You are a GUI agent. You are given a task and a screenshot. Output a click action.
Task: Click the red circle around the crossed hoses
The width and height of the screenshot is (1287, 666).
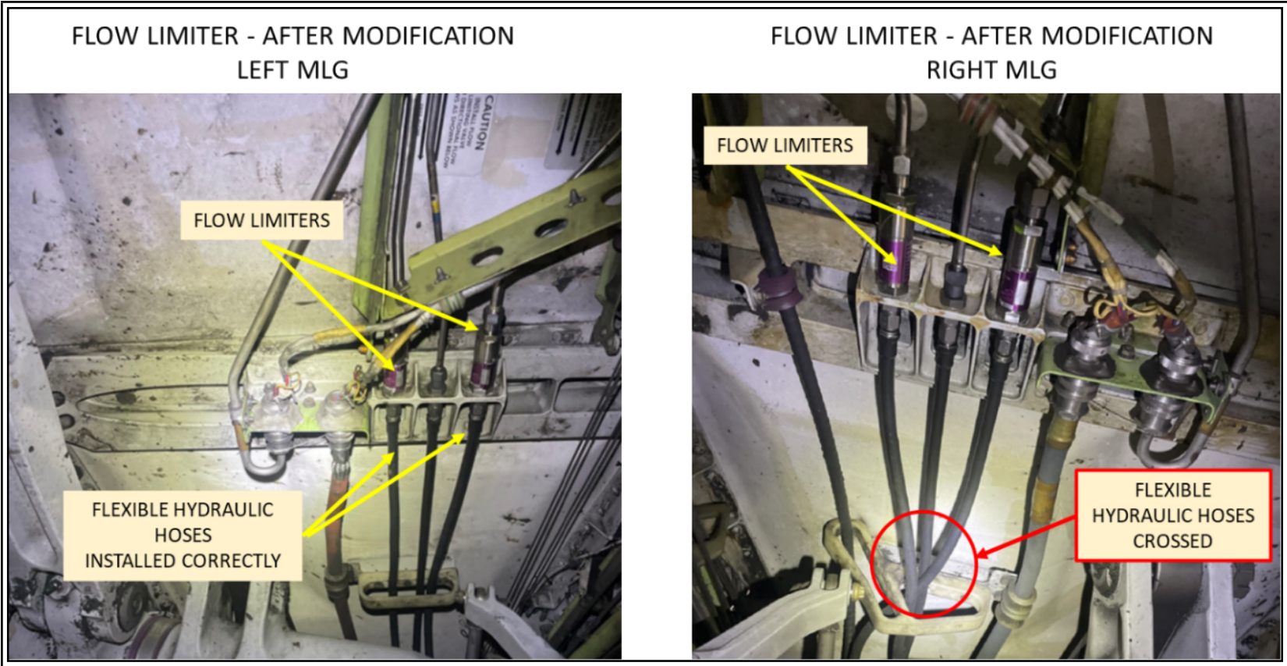click(924, 564)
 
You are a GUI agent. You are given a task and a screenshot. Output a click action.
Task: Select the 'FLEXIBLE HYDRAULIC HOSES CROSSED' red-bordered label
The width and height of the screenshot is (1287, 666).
click(1172, 515)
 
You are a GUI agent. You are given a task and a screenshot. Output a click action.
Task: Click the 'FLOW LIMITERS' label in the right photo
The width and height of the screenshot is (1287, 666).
click(785, 145)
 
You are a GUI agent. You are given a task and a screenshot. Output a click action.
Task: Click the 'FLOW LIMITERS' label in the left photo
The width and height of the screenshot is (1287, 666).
click(261, 220)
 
